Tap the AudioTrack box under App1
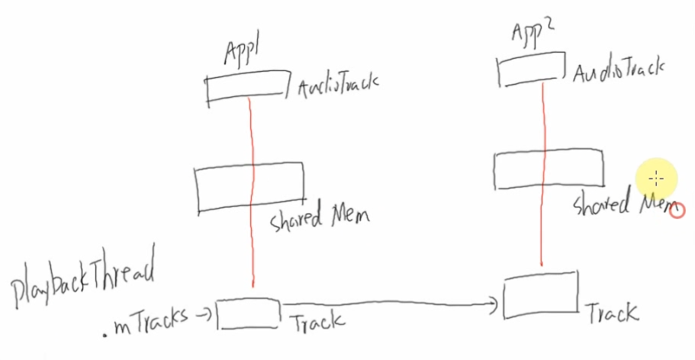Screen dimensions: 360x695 pyautogui.click(x=246, y=86)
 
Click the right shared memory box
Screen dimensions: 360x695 pyautogui.click(x=547, y=169)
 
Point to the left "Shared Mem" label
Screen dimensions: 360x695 pyautogui.click(x=320, y=217)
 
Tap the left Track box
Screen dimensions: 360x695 pyautogui.click(x=248, y=313)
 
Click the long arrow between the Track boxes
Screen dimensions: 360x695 pyautogui.click(x=389, y=306)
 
